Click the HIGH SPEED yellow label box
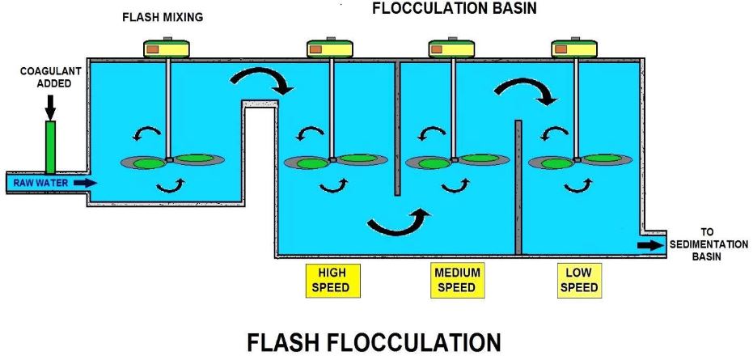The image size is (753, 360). (332, 280)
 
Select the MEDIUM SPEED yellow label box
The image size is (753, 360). (457, 280)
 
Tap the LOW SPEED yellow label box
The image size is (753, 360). (579, 280)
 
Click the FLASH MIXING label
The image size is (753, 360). (163, 18)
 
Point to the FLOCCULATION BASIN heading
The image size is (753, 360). (455, 8)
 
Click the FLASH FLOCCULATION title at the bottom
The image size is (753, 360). (374, 343)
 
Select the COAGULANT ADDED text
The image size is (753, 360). (51, 77)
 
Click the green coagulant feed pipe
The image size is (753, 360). (50, 146)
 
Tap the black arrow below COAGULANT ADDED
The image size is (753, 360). (50, 107)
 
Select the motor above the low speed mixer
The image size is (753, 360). (574, 48)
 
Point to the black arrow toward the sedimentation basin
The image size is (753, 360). (649, 245)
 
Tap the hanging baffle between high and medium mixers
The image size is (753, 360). (397, 129)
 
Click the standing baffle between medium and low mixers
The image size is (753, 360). (518, 187)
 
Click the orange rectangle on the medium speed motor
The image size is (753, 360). (438, 49)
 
